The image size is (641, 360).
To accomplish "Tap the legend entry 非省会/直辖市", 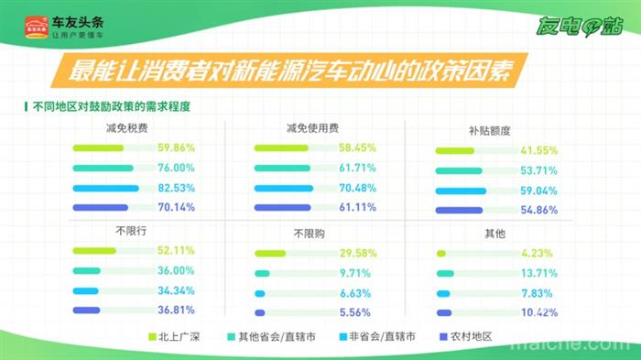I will (x=380, y=337).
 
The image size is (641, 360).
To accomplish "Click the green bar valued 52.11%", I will (x=93, y=250).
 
